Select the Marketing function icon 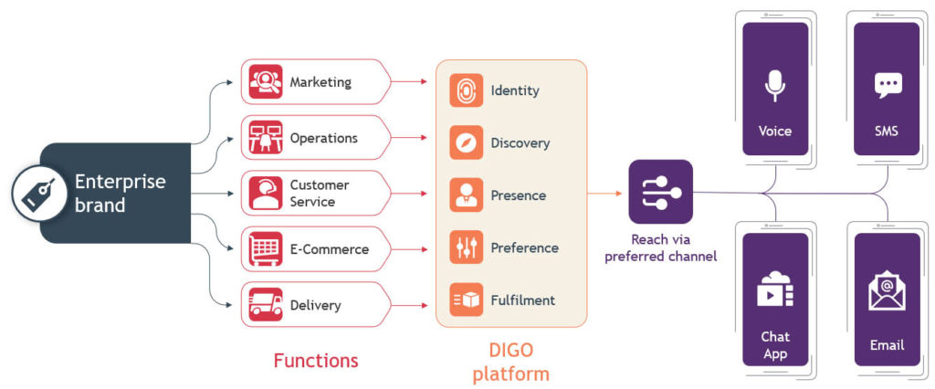(265, 82)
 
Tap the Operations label (323, 138)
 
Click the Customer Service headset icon (265, 193)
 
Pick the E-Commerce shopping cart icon (265, 248)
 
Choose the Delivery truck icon (265, 304)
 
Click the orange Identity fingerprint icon (466, 90)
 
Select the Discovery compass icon (466, 142)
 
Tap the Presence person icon (466, 195)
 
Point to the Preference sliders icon (466, 247)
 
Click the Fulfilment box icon (466, 300)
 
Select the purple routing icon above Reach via (660, 192)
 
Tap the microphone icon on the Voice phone (774, 85)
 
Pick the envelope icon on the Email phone (886, 291)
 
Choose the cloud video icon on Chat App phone (774, 288)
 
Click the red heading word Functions (316, 361)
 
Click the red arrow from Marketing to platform (412, 82)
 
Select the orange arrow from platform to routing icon (605, 193)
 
